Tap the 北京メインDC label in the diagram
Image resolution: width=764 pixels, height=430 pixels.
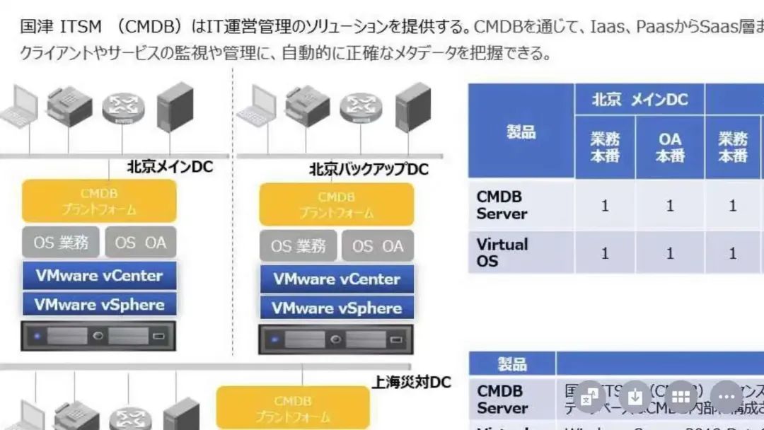tap(170, 167)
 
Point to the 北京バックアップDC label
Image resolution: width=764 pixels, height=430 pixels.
tap(369, 170)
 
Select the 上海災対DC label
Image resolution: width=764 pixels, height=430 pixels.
tap(411, 383)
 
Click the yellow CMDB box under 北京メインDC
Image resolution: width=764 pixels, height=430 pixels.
tap(99, 201)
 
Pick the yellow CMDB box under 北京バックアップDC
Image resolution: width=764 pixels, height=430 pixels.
tap(336, 204)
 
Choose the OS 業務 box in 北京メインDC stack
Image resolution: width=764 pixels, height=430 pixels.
tap(61, 243)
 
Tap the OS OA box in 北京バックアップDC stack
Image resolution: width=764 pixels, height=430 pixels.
tap(378, 246)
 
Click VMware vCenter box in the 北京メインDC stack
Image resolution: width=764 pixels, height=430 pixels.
tap(99, 275)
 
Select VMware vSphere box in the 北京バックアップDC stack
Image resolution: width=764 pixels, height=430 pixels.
tap(336, 308)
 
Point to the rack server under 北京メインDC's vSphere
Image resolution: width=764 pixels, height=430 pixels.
tap(98, 336)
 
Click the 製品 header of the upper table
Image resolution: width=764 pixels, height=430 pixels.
tap(521, 132)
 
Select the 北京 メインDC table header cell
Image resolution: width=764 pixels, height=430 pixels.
tap(639, 100)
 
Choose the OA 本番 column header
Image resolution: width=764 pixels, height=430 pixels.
tap(669, 147)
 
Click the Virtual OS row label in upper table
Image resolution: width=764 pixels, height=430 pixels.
tap(502, 252)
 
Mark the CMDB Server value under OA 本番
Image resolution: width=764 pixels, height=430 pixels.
tap(670, 206)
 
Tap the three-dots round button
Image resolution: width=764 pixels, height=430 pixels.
tap(726, 397)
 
